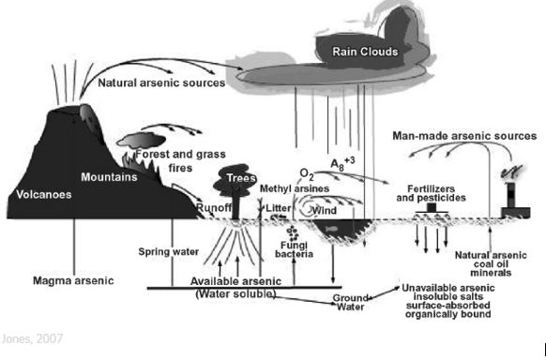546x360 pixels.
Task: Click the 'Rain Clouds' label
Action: (365, 52)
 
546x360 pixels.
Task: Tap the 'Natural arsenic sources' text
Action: (161, 82)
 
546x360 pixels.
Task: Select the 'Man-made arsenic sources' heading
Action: (464, 136)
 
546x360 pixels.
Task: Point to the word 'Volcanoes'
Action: (44, 194)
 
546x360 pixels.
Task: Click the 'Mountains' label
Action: (109, 177)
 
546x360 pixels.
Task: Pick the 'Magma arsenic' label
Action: (73, 280)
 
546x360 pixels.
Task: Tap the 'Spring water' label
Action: (169, 251)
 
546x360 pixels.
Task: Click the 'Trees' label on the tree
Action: (241, 178)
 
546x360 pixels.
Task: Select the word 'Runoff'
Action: (214, 207)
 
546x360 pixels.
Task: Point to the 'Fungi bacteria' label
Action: (295, 249)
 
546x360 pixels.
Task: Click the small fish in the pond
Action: (331, 229)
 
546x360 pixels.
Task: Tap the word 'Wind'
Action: (325, 210)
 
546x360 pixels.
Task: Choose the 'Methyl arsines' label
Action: (295, 188)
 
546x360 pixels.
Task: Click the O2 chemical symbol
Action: (307, 174)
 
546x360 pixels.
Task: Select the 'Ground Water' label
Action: (350, 303)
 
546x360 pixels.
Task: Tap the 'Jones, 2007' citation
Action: (32, 338)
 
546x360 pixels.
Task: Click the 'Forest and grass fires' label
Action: (180, 160)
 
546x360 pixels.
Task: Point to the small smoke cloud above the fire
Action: (141, 141)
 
